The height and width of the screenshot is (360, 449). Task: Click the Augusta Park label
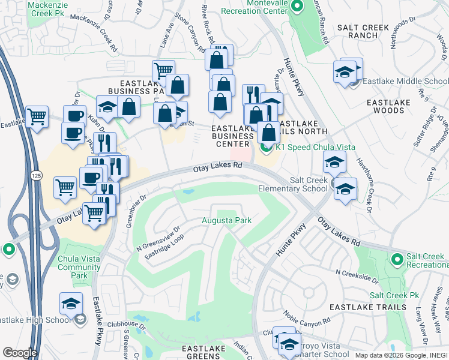[226, 221]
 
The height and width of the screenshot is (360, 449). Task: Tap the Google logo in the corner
[19, 352]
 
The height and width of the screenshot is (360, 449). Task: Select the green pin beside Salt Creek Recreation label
[396, 260]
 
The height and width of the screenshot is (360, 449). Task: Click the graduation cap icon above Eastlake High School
[71, 303]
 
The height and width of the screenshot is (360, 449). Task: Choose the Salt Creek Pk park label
[394, 296]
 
